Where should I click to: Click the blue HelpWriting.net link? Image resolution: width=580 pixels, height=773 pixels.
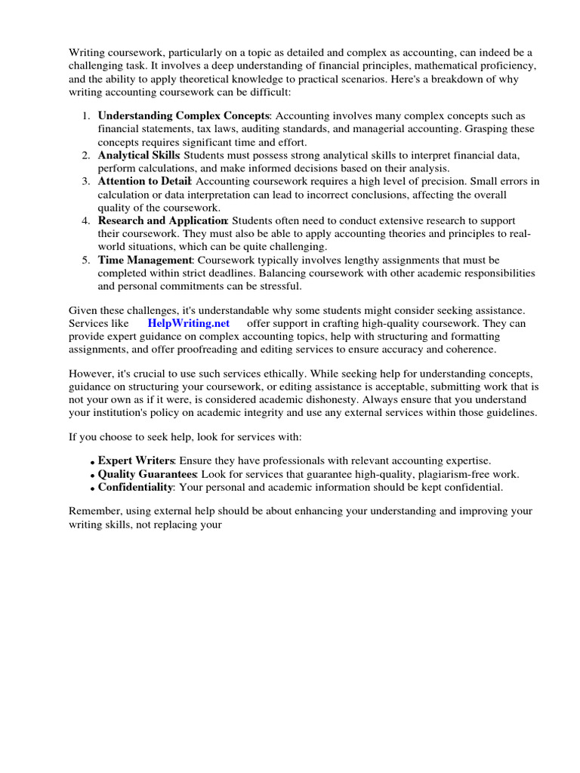(x=189, y=323)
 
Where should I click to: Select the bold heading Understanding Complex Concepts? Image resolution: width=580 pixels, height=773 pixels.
(x=184, y=116)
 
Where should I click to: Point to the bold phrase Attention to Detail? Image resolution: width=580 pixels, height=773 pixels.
(x=145, y=181)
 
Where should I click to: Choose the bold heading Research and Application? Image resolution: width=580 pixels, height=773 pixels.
(x=162, y=220)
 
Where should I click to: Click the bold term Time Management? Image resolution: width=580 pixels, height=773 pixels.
(x=146, y=260)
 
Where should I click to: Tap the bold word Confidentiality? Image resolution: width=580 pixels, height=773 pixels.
(x=136, y=488)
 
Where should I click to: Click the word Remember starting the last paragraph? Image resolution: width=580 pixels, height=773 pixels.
(x=94, y=512)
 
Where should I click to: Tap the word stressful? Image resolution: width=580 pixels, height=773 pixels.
(x=277, y=286)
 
